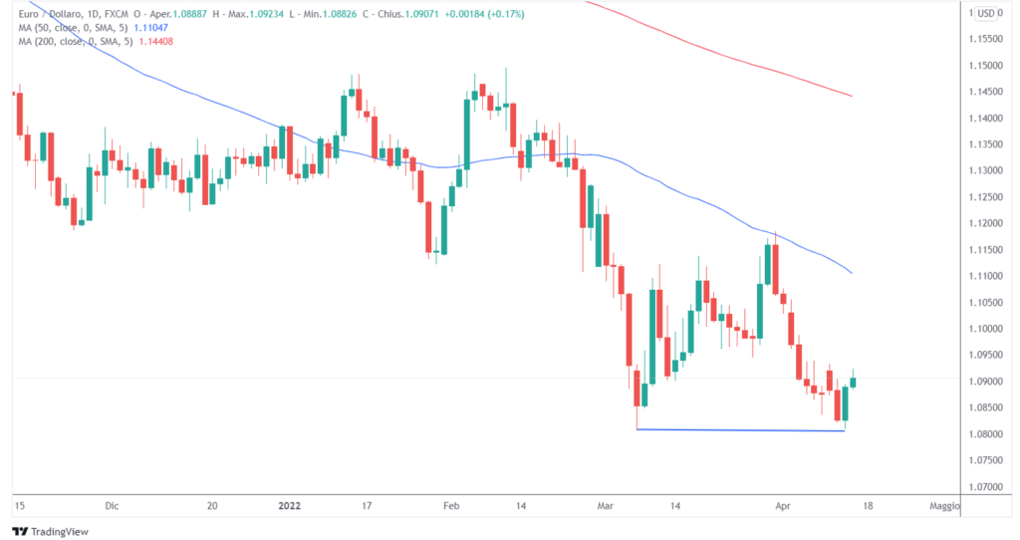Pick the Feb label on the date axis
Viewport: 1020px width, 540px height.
click(x=451, y=506)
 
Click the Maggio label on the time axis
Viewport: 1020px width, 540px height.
click(x=944, y=506)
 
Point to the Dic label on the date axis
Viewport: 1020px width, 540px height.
click(x=113, y=506)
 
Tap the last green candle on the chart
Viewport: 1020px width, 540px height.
click(x=854, y=382)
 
